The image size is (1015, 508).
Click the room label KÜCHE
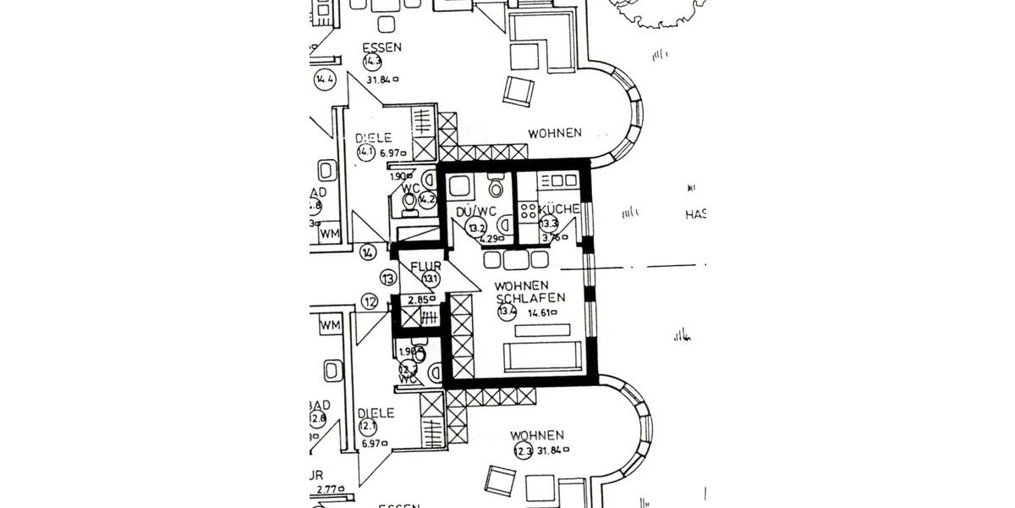559,209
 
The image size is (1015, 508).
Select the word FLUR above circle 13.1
425,267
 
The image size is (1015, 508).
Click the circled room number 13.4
507,312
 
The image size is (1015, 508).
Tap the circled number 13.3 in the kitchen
550,224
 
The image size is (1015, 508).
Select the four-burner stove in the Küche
528,212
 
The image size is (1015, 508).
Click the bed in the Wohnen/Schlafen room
541,357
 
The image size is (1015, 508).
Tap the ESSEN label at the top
381,47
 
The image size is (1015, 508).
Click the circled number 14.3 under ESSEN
372,63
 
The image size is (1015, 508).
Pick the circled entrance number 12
370,301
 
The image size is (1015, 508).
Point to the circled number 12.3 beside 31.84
523,450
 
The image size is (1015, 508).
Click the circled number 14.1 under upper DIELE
365,153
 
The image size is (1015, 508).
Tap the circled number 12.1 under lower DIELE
368,428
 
